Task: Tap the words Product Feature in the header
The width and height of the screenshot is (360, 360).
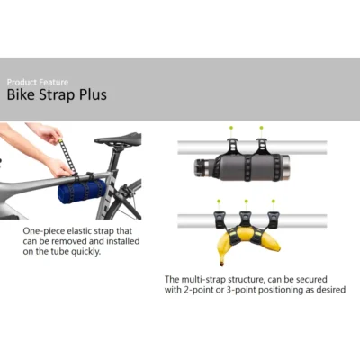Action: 38,82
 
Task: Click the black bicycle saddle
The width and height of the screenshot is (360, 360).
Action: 118,139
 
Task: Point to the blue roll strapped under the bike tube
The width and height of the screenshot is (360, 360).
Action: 82,191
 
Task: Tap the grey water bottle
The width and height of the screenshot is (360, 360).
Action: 241,167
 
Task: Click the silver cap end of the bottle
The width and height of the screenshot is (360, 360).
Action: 285,167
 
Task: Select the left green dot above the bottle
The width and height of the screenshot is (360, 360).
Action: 231,128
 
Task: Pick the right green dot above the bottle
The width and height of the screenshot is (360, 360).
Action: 261,128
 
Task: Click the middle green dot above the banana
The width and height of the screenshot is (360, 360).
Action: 246,201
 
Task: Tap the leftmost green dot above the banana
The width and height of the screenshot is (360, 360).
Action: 219,201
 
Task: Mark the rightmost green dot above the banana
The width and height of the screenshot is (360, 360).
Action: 273,201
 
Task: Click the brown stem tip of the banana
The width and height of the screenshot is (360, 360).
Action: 222,264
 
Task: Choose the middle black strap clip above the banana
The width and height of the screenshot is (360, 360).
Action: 246,220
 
